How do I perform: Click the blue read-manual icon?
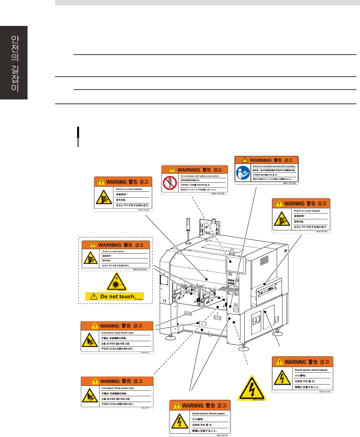[243, 173]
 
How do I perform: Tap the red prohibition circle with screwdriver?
[170, 183]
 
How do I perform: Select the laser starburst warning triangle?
[116, 282]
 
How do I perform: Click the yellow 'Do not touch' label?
[114, 296]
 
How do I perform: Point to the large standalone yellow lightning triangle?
[252, 388]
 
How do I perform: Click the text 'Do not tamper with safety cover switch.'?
[200, 176]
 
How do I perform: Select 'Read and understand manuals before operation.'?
[274, 166]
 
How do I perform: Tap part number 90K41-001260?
[218, 194]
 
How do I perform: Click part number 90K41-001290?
[289, 183]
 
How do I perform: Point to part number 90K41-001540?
[140, 270]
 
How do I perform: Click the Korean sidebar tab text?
[15, 63]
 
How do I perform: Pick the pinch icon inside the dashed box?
[91, 258]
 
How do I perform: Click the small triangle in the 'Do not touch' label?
[94, 296]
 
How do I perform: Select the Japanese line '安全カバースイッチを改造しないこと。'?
[198, 190]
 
